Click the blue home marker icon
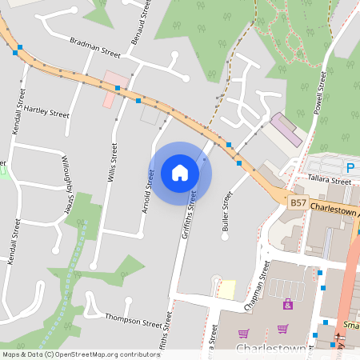180,173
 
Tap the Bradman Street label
94,46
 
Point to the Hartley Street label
46,110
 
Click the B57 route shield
298,204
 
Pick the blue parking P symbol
350,167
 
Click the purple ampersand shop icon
288,305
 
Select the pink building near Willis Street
110,89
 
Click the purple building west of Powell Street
286,129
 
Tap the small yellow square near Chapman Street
227,290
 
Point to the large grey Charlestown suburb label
272,350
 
